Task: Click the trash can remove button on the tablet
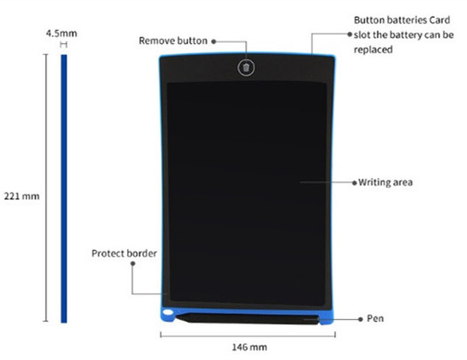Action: coord(246,68)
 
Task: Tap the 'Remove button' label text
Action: coord(173,40)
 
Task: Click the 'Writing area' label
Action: coord(385,183)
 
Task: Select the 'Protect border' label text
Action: coord(124,253)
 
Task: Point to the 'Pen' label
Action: coord(375,319)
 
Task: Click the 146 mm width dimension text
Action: coord(250,348)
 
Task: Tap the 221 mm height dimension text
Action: coord(22,197)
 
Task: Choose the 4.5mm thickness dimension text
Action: coord(61,33)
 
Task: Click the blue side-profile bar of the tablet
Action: coord(64,188)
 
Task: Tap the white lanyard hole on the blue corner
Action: coord(168,313)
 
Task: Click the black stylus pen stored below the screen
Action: coord(248,319)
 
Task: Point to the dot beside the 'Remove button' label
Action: coord(213,42)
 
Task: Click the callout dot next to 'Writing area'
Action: coord(354,183)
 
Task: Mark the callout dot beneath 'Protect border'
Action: coord(133,264)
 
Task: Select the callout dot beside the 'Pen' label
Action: coord(360,320)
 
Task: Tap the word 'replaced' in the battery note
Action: coord(373,50)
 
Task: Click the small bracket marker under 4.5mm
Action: coord(64,44)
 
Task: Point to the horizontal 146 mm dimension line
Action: coord(248,335)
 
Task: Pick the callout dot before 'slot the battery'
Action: coord(350,34)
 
